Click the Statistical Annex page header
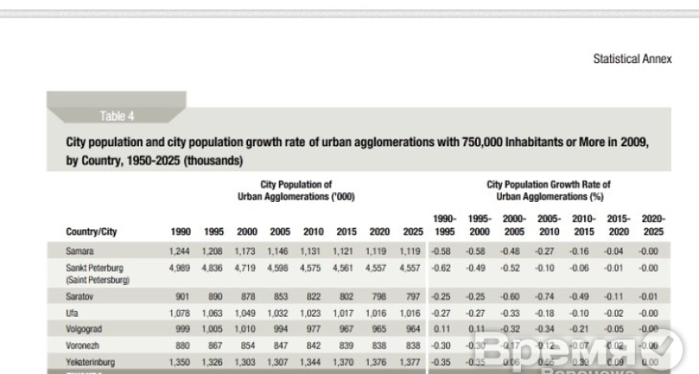(632, 60)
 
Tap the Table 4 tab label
(116, 116)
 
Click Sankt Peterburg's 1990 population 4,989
(178, 268)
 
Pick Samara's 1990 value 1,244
(178, 250)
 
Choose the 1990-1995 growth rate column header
(444, 225)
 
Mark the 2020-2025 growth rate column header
(653, 225)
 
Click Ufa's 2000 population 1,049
(245, 312)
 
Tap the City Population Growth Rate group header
(548, 190)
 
